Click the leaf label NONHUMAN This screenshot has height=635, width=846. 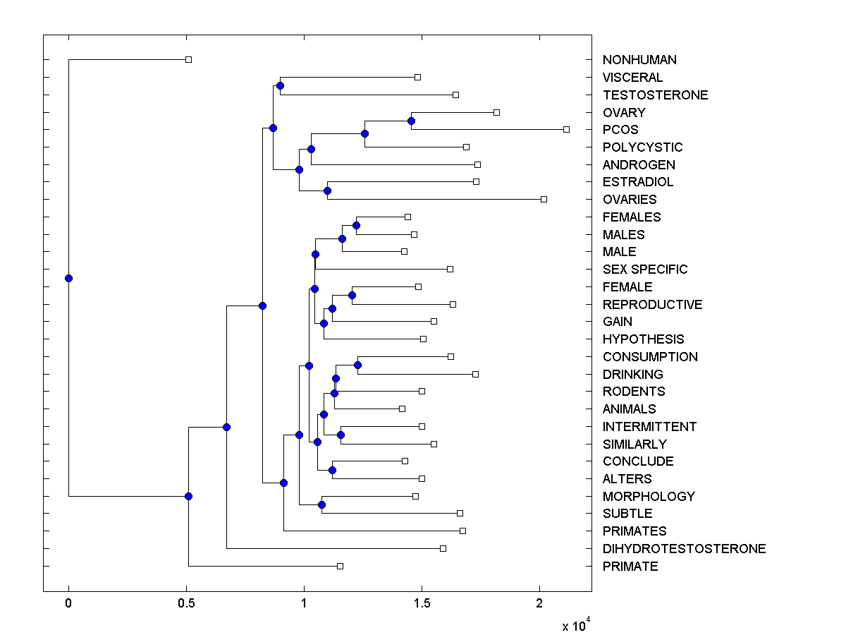639,60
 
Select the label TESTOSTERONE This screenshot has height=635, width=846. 655,95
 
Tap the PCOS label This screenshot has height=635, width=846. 620,130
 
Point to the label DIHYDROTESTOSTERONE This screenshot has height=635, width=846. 684,549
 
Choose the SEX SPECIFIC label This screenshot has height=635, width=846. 645,270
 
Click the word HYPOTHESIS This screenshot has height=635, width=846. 643,339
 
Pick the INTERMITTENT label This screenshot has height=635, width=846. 649,427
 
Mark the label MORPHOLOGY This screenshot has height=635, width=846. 649,497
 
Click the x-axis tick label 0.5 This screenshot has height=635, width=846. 186,604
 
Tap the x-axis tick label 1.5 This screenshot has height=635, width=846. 422,604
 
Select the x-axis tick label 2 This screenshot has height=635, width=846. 539,604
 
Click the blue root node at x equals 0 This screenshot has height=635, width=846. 68,278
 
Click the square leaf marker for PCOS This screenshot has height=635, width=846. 566,129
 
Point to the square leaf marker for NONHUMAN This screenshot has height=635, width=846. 188,59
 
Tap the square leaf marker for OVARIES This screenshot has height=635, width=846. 544,199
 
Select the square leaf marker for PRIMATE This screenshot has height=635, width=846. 340,566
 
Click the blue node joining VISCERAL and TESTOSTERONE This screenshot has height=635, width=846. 280,85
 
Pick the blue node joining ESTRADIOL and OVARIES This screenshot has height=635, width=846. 327,190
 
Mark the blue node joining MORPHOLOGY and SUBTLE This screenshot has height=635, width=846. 321,504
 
